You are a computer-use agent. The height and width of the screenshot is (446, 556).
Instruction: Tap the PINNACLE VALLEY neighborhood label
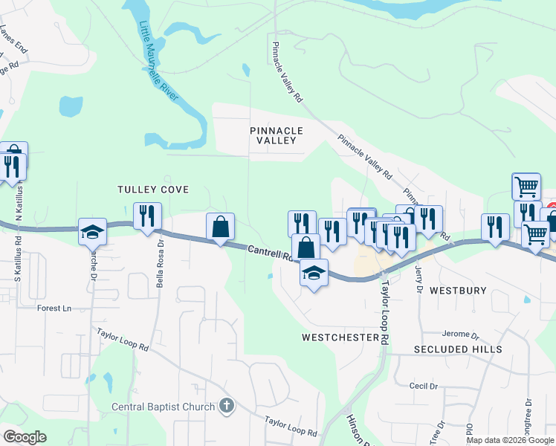276,135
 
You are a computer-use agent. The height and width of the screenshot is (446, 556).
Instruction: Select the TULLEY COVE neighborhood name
154,190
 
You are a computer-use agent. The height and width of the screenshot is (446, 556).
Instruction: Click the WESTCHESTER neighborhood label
340,337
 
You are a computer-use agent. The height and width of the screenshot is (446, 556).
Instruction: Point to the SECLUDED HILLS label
459,349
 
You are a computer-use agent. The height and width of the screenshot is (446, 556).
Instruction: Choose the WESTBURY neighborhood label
458,290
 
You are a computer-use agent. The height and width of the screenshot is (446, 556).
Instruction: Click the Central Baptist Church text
163,407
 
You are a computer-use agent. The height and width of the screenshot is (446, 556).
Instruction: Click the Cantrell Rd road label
270,253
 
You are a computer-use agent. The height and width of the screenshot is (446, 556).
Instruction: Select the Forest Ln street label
54,307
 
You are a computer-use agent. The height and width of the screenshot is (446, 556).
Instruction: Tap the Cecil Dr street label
421,385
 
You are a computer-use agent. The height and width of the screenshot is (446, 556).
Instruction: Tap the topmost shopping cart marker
526,186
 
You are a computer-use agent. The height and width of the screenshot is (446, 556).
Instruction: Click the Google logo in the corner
25,437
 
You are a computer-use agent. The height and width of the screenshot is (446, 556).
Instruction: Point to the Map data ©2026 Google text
509,440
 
